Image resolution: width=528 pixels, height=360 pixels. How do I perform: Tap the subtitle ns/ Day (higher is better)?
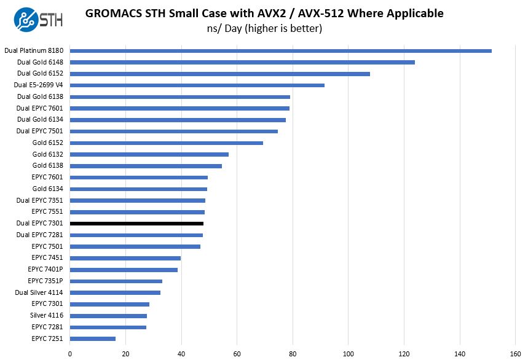(x=264, y=28)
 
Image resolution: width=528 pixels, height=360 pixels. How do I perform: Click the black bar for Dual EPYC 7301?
(x=136, y=224)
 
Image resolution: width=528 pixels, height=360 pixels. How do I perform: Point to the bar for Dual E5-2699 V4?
(x=197, y=85)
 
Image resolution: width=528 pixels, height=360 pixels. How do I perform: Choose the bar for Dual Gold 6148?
(x=242, y=62)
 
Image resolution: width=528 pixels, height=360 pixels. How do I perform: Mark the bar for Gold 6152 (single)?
(x=167, y=143)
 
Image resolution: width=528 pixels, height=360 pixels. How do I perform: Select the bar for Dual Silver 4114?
(x=115, y=292)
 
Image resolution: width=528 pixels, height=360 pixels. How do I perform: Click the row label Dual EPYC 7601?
(x=40, y=108)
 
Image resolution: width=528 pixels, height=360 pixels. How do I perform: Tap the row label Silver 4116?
(x=47, y=315)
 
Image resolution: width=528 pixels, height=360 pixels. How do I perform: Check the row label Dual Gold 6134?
(x=40, y=120)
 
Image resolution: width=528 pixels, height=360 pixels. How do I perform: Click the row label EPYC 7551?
(x=48, y=212)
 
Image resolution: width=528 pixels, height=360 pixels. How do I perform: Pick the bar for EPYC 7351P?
(x=116, y=281)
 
